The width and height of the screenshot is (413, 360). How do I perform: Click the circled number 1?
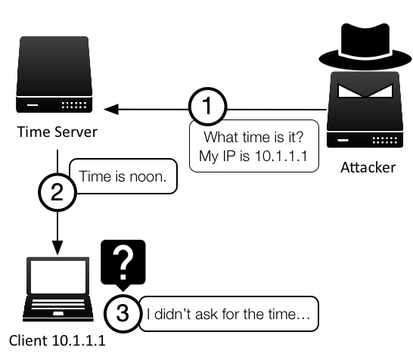coord(208,107)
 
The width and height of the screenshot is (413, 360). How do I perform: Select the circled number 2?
coord(57,192)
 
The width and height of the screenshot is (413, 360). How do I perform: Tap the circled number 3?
coord(123,313)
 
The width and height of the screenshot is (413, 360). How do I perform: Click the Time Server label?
coord(57,132)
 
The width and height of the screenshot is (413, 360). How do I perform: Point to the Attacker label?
coord(368,167)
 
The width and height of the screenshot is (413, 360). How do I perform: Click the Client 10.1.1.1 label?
coord(57,340)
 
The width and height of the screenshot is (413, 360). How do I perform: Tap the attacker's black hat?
coord(365,46)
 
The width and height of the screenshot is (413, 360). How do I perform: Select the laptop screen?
coord(58,277)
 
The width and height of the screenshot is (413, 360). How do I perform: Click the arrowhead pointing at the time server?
coord(111,109)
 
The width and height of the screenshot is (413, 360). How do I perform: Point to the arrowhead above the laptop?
coord(57,247)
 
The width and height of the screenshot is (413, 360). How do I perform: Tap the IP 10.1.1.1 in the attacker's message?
coord(281,156)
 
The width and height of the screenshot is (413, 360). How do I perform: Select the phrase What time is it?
coord(253,137)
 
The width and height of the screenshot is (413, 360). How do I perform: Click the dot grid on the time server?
coord(74,105)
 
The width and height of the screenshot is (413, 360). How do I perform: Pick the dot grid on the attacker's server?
coord(385,141)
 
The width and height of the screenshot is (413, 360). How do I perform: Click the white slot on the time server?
coord(33,105)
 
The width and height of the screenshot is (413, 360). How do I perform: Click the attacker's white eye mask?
coord(365,91)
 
